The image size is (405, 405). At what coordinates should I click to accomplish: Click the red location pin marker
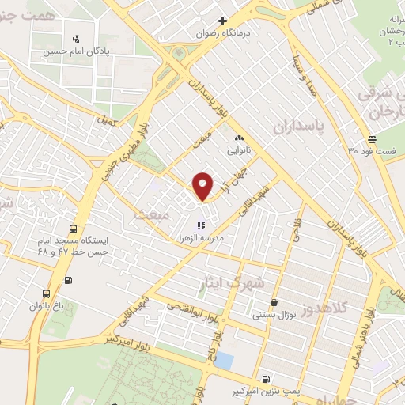click(203, 186)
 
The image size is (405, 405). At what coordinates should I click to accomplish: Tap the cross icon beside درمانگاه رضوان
click(222, 21)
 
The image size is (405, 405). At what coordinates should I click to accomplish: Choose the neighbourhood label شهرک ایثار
click(234, 282)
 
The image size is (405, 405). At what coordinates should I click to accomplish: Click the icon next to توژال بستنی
click(274, 301)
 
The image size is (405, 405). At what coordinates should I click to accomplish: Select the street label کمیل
click(106, 121)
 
